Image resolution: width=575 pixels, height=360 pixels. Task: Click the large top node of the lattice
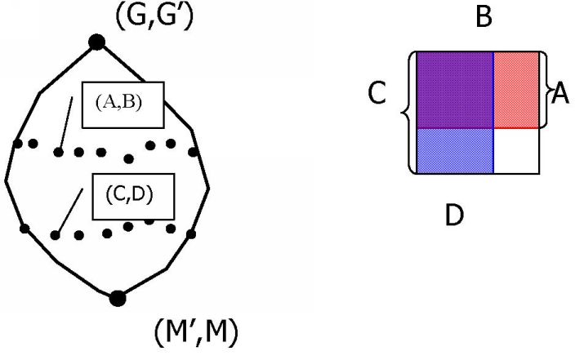(96, 41)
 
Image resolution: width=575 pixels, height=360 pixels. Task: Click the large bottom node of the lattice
(118, 298)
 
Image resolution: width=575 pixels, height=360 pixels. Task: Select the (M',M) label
(196, 332)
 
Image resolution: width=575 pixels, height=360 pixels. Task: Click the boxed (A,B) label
(123, 104)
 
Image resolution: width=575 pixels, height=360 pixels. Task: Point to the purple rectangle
(454, 89)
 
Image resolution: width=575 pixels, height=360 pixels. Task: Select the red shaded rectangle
(515, 89)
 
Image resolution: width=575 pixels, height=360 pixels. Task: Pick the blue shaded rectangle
(454, 150)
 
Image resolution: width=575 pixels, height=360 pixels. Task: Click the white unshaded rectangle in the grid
(516, 150)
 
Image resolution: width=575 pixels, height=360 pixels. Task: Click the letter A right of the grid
(559, 95)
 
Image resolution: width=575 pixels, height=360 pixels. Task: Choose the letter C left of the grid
(377, 96)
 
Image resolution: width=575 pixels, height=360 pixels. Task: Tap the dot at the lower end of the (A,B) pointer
(58, 152)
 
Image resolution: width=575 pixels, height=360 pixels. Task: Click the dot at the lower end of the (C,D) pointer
(55, 235)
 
